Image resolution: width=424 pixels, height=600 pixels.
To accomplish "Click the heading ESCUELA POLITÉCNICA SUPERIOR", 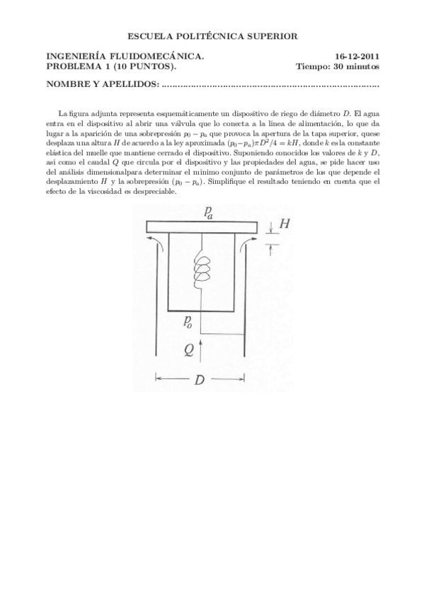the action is pos(212,35).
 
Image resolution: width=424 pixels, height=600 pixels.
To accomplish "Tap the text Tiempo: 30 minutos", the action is pos(338,67).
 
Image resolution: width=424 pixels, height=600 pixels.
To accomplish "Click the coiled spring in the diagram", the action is pos(202,270).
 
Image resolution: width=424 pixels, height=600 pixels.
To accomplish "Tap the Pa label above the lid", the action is pos(209,213).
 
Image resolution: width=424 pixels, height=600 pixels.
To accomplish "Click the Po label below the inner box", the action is pos(188,323).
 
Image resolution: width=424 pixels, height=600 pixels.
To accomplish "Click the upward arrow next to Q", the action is pos(202,349).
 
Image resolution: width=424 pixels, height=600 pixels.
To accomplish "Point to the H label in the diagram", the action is pos(285,224).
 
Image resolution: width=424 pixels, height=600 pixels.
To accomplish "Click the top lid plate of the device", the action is pos(201,226).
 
